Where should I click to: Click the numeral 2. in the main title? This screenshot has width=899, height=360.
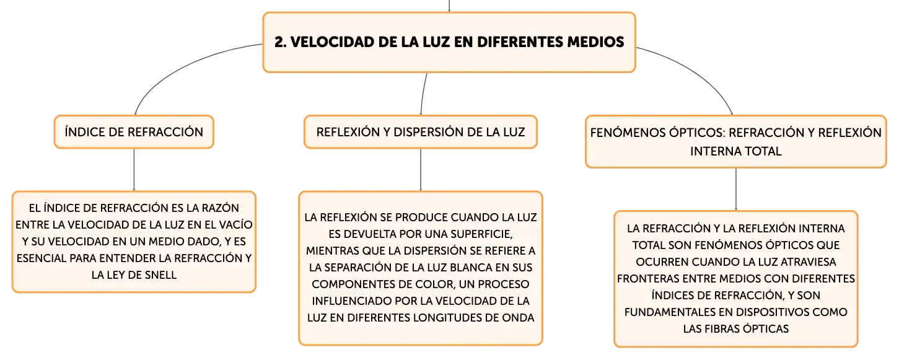(281, 42)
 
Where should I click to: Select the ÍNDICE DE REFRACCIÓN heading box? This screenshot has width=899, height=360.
(134, 132)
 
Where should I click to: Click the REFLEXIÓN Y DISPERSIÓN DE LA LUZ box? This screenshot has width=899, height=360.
(421, 132)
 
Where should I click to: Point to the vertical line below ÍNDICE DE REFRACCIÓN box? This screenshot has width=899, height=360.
(134, 170)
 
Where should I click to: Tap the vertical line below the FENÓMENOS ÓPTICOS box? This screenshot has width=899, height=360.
(736, 189)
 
